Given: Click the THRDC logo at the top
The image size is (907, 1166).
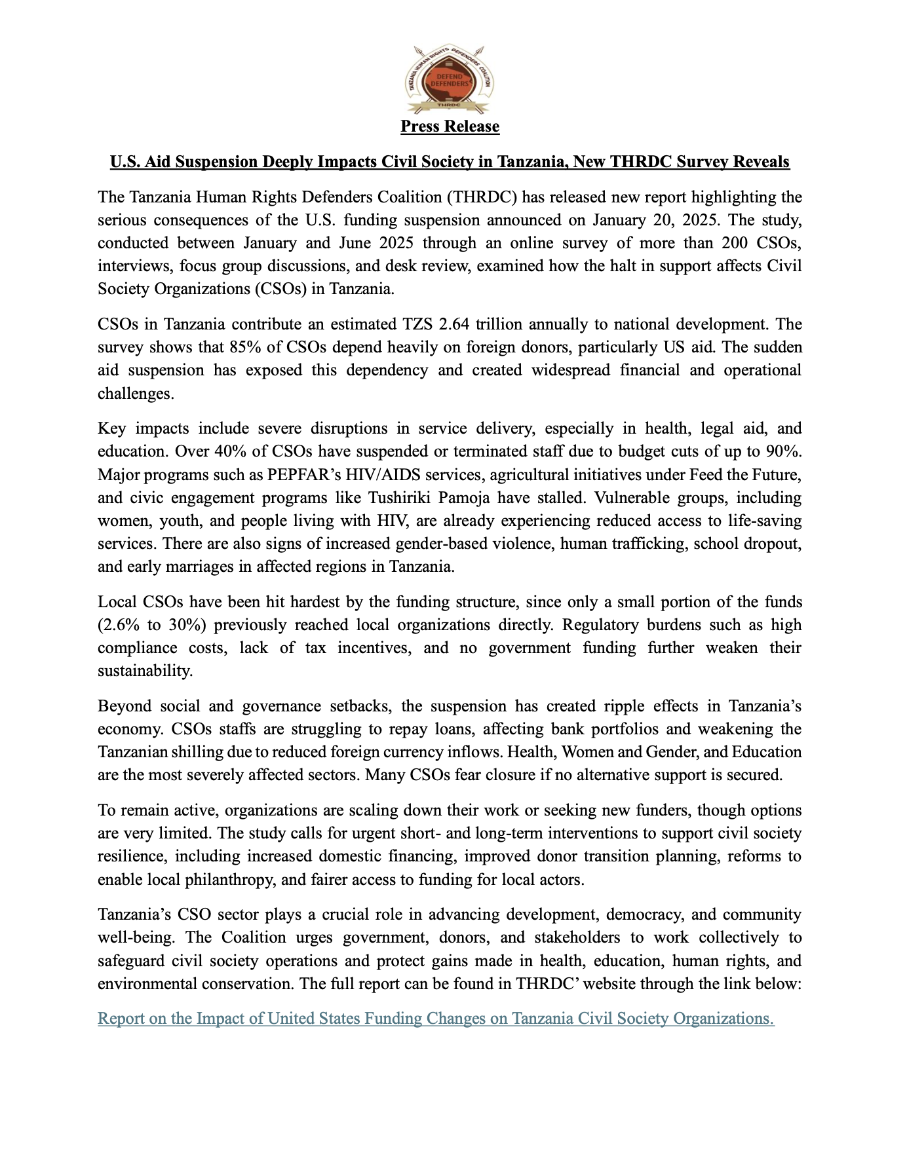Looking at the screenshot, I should click(450, 79).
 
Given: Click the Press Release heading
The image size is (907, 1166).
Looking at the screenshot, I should click(450, 126).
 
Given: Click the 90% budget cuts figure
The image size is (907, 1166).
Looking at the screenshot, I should click(784, 451).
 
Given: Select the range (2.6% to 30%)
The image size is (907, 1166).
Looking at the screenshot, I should click(152, 624).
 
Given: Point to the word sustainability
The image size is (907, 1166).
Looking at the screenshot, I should click(145, 670).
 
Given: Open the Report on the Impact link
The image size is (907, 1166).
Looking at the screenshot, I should click(436, 1018).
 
